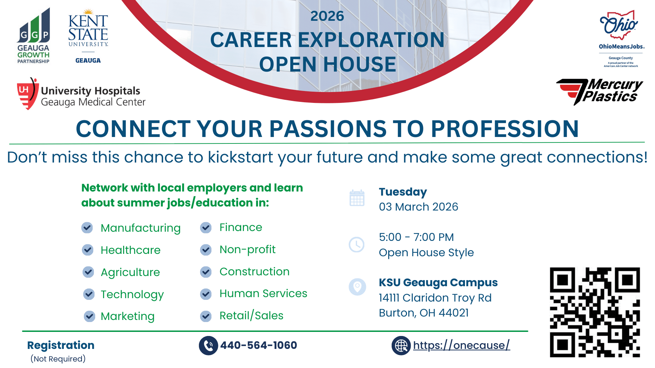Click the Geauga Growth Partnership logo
[33, 36]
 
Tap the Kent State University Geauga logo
[88, 36]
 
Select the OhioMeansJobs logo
[621, 39]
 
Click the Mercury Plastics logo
[599, 92]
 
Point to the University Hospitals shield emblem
[27, 94]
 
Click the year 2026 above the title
[327, 16]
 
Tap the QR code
[595, 312]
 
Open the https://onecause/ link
[461, 345]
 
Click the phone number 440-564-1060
[259, 345]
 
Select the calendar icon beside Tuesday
[357, 198]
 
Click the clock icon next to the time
[356, 245]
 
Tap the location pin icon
[357, 287]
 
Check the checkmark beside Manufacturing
[87, 228]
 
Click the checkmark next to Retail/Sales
[206, 316]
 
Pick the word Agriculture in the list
[130, 273]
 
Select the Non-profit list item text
[247, 250]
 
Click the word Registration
[61, 346]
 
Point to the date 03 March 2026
[419, 207]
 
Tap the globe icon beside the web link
[401, 346]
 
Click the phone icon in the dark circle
[208, 346]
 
